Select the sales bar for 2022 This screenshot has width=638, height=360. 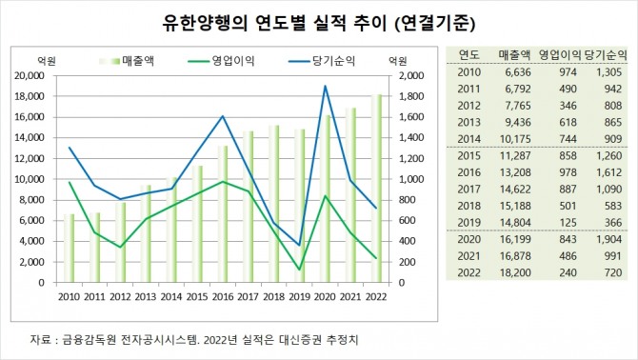378,189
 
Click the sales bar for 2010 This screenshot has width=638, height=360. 70,248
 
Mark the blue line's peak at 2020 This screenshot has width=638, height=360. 327,86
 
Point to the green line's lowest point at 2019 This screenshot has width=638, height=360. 300,270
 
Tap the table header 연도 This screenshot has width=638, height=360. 469,54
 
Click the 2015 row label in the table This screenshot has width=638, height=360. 469,156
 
